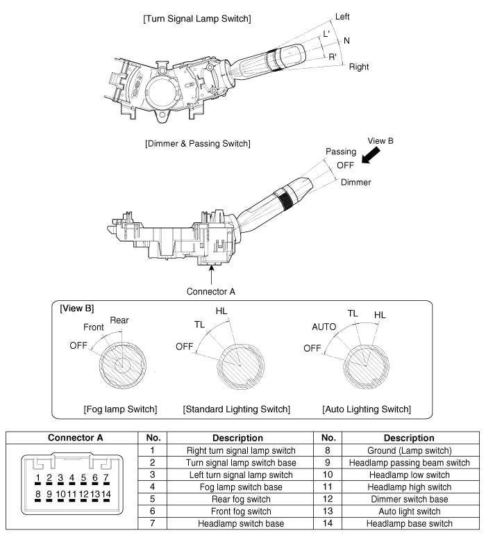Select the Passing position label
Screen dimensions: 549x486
point(341,151)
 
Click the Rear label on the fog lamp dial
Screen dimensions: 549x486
point(119,320)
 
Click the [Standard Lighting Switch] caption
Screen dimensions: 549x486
point(236,409)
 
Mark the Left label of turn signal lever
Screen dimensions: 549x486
point(343,16)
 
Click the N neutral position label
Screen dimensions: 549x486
point(347,41)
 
